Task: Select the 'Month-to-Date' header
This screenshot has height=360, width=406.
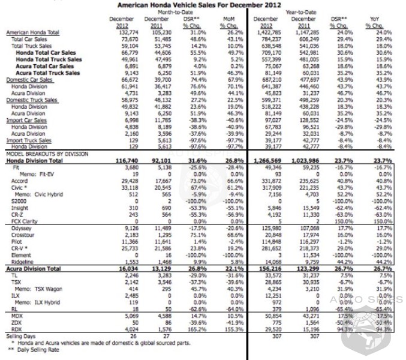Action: (173, 12)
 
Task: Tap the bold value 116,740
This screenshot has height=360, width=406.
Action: (120, 161)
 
